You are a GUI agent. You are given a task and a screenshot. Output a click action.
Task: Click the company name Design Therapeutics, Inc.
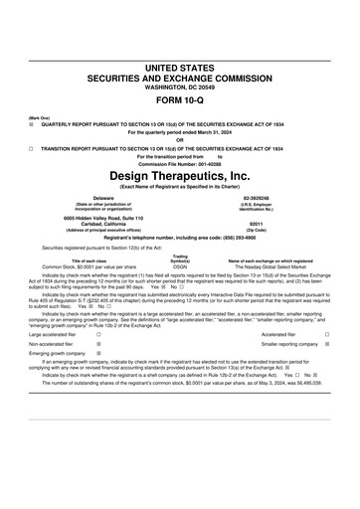(x=180, y=175)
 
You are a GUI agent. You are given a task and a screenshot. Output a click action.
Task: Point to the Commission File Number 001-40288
(x=180, y=163)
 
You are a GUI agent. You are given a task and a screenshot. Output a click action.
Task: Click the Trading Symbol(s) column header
(x=180, y=258)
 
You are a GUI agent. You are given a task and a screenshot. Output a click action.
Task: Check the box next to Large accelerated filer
(x=97, y=335)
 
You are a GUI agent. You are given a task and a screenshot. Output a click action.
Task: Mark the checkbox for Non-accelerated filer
(x=97, y=345)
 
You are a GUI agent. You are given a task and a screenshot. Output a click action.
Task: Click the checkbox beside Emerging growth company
(x=97, y=355)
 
